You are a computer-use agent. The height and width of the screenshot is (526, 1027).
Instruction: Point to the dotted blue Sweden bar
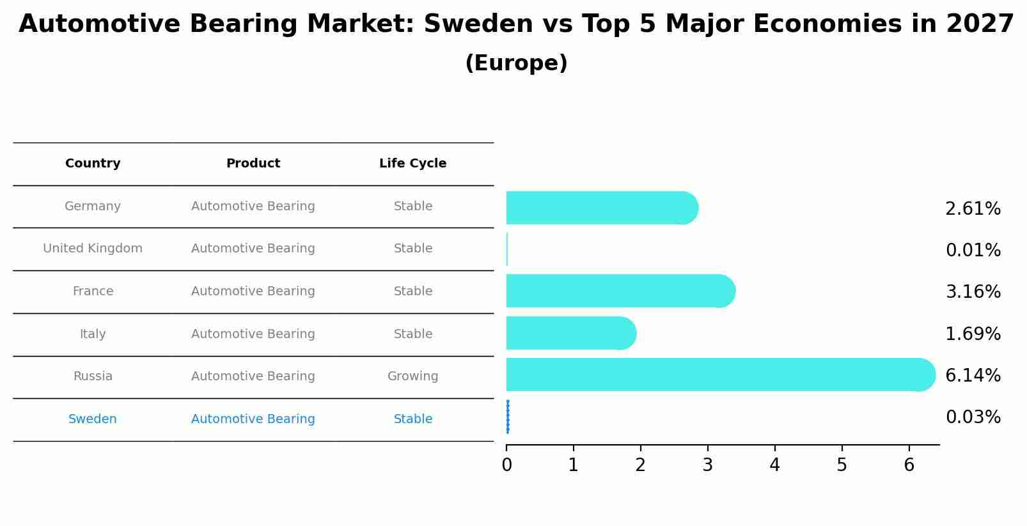(508, 417)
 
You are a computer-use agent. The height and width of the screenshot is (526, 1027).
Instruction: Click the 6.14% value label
(973, 375)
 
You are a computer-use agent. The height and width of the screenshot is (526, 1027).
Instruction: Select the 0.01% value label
(973, 250)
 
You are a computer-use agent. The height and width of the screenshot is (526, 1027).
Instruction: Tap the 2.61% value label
(973, 208)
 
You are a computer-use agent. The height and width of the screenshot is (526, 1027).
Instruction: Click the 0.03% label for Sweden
(973, 417)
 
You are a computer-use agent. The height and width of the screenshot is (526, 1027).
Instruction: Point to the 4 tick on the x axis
(774, 465)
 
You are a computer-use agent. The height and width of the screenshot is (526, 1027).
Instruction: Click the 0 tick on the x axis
(506, 465)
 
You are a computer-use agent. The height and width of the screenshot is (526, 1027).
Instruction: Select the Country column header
(93, 164)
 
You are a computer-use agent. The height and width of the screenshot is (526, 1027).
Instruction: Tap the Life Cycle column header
(412, 164)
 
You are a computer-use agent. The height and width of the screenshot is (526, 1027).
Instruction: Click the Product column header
(253, 164)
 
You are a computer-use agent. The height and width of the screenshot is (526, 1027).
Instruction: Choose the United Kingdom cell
(93, 249)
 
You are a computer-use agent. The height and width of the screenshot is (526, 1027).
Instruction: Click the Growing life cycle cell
(412, 376)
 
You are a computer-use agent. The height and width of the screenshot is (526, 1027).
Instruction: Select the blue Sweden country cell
(93, 419)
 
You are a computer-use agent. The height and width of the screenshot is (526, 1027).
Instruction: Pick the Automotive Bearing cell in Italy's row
(253, 334)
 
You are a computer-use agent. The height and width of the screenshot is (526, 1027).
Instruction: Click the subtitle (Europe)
(516, 63)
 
